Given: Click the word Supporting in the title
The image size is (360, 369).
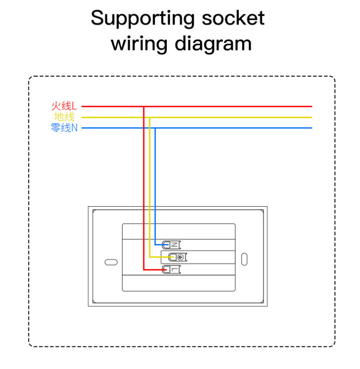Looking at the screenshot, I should [x=143, y=18].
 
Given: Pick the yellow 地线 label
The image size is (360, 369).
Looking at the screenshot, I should [x=64, y=117].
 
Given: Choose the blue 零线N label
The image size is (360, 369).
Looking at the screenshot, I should [x=64, y=128].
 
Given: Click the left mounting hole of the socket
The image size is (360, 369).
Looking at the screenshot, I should [x=111, y=262].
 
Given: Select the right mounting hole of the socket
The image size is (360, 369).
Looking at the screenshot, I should [x=245, y=259].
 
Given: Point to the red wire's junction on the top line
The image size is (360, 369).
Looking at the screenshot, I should [x=144, y=107].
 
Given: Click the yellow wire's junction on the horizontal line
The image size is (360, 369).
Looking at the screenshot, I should [x=149, y=118].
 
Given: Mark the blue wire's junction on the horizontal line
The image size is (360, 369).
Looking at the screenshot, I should [x=155, y=128].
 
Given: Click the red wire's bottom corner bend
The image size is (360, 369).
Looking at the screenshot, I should [x=144, y=270].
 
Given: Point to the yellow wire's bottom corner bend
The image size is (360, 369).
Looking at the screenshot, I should [x=149, y=257].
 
